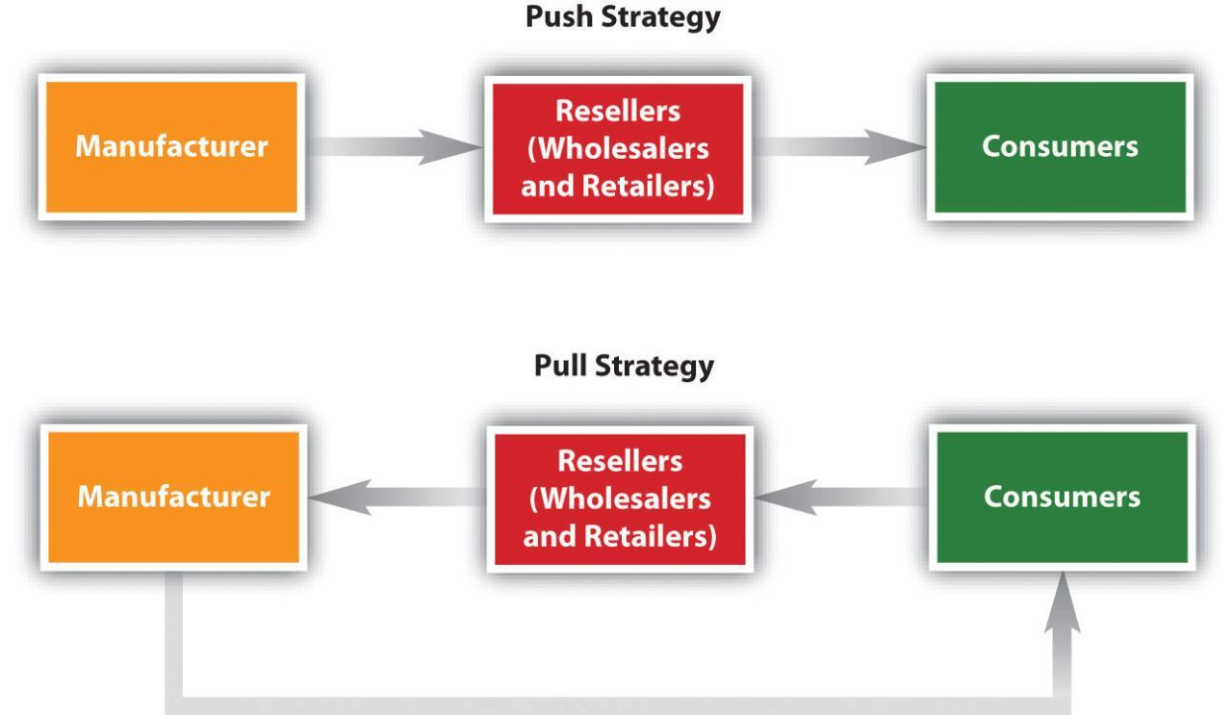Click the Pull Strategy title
(x=615, y=370)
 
